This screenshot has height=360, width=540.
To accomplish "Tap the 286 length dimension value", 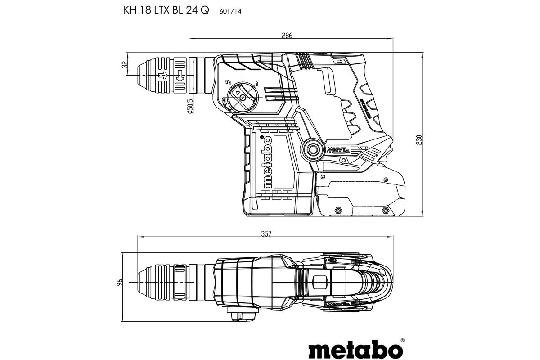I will coord(287,36).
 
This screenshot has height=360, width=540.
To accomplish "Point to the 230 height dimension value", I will coord(419,140).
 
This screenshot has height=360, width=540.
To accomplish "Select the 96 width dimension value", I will coord(119,283).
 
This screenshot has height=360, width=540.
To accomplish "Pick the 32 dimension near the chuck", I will coord(125,64).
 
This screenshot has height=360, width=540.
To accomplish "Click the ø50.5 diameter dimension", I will coord(190,107).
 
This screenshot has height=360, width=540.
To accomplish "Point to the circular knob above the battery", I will coord(312,149).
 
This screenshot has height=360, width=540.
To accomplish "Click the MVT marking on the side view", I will coord(338,150).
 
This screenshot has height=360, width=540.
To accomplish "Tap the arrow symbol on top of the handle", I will coord(338,61).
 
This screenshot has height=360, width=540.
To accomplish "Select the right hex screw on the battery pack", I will coord(385,210).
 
